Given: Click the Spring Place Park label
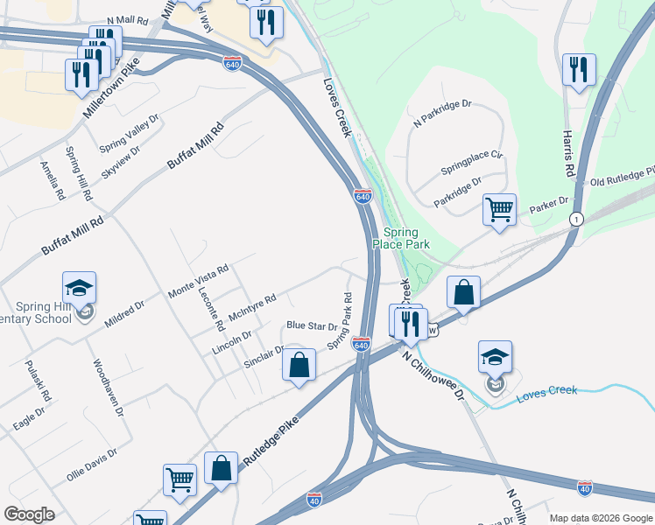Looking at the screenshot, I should tap(406, 238).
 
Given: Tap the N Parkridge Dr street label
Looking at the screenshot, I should tap(442, 115).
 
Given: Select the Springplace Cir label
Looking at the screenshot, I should tap(471, 161).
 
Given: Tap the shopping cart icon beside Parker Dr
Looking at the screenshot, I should tap(499, 209).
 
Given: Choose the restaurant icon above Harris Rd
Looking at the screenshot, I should tap(579, 70).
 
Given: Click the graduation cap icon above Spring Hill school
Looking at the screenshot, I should tap(79, 287).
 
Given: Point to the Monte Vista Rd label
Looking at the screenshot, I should tap(198, 279).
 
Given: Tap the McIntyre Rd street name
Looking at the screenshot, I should tap(251, 307).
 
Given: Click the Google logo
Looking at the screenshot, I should tap(29, 514).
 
